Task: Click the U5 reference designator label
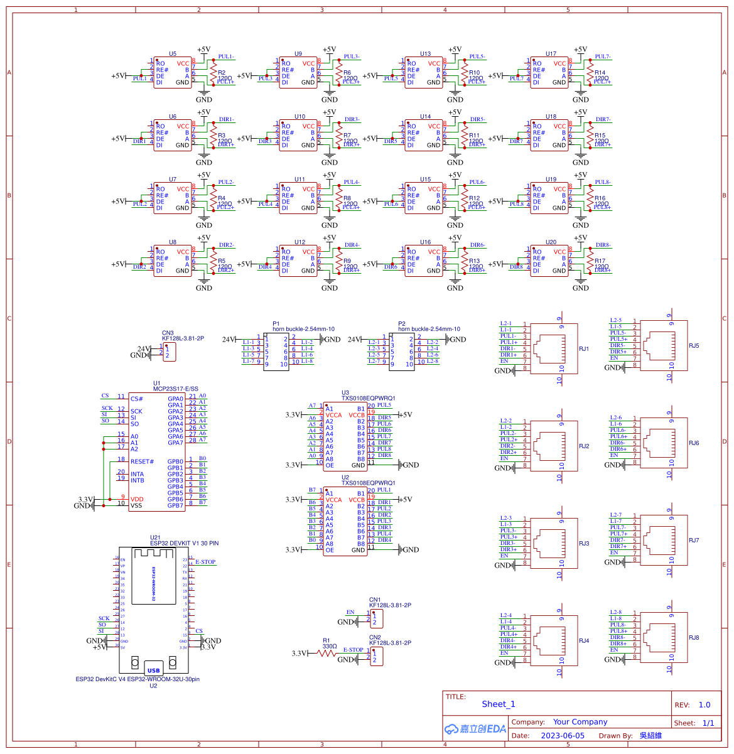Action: (x=173, y=54)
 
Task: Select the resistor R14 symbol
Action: (x=589, y=73)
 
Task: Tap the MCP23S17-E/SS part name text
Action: (x=175, y=389)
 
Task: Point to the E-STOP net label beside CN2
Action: (x=353, y=650)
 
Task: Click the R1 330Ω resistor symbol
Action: (x=327, y=653)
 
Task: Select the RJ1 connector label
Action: (x=584, y=349)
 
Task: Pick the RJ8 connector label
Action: (x=693, y=638)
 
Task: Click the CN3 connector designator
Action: (x=168, y=333)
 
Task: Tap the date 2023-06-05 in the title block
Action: (x=562, y=735)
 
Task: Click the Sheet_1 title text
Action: (x=498, y=704)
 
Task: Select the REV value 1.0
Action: (x=704, y=704)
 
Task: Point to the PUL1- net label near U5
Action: (x=226, y=57)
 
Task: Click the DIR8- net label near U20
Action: (x=603, y=245)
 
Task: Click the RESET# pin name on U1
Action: (x=142, y=461)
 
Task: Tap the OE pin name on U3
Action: (x=330, y=465)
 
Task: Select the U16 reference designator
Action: (x=425, y=242)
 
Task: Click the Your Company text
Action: (x=580, y=722)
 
